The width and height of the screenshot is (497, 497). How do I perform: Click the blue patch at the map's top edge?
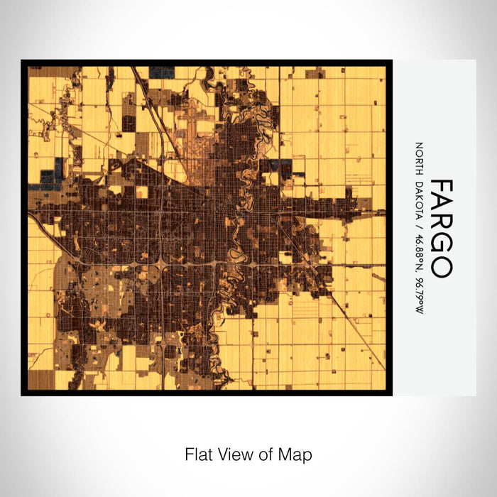click(162, 72)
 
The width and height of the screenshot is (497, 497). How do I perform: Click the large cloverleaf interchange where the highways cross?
click(163, 263)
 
